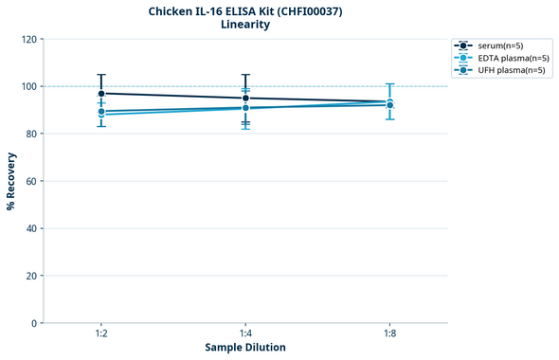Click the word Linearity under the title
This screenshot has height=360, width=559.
click(x=244, y=25)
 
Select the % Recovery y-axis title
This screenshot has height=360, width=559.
click(x=11, y=180)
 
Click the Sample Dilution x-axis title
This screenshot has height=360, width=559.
click(x=245, y=347)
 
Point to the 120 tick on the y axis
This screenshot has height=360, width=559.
click(x=28, y=39)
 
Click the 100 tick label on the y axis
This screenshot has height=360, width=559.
click(x=28, y=86)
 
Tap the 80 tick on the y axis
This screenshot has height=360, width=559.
click(x=31, y=134)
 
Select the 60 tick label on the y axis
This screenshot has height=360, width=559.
click(x=31, y=181)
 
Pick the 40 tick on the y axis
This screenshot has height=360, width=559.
click(x=31, y=228)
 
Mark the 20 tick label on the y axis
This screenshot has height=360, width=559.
click(x=31, y=276)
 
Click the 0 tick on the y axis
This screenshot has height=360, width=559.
click(x=34, y=323)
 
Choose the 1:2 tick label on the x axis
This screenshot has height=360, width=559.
click(x=101, y=333)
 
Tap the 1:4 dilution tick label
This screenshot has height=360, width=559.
click(x=245, y=333)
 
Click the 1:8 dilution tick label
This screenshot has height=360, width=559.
click(x=389, y=333)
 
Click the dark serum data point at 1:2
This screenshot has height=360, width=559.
click(x=101, y=94)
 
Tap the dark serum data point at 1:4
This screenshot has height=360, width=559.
click(x=245, y=99)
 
